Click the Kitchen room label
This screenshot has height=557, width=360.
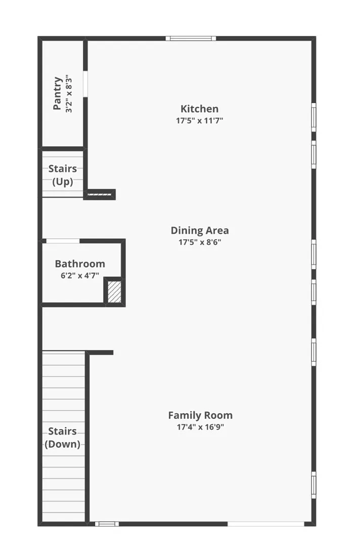[199, 109]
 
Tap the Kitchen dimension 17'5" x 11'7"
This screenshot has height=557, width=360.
[199, 121]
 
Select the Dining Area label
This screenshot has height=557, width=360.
[199, 231]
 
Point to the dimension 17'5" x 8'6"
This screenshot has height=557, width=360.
[199, 242]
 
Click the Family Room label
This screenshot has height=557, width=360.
[200, 415]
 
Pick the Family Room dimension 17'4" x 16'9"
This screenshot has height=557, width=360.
[200, 427]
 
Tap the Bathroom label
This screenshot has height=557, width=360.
[80, 264]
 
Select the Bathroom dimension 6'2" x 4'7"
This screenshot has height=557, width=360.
[80, 276]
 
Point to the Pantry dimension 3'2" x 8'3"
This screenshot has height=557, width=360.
[69, 94]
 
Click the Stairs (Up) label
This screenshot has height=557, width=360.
[63, 175]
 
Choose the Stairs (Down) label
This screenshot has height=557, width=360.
[63, 438]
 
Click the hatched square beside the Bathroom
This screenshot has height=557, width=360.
[115, 292]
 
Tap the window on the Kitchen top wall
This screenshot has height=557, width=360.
[191, 38]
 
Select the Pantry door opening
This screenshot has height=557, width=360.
[85, 83]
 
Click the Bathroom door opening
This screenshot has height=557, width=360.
[63, 241]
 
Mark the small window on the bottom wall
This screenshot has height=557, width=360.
[107, 524]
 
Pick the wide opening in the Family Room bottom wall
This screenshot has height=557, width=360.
[266, 524]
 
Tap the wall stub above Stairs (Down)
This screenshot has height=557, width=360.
[100, 353]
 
